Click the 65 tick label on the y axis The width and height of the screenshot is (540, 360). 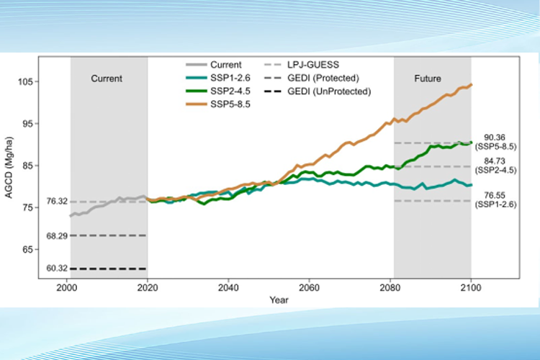point(50,249)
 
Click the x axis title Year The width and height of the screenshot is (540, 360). point(270,298)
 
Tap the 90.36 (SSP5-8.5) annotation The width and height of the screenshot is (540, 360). point(498,142)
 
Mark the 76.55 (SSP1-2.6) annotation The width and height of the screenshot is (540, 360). point(498,199)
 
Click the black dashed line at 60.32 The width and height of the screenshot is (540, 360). point(108,269)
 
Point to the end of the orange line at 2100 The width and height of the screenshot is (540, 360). point(471,85)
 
